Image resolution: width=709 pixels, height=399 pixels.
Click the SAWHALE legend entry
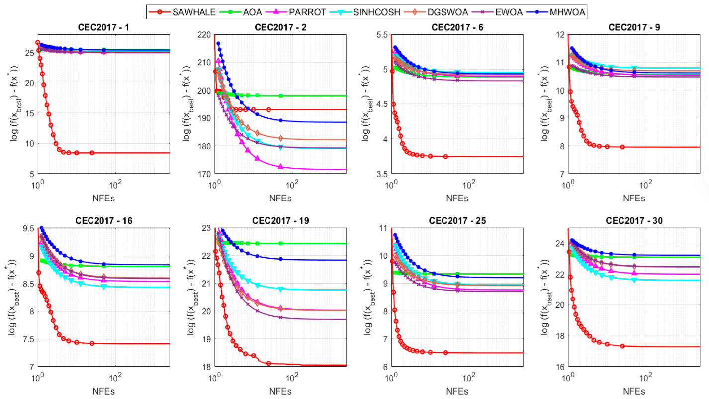(182, 12)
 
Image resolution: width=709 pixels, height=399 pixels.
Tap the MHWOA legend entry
(556, 12)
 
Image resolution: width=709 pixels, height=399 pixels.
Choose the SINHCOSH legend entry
(365, 12)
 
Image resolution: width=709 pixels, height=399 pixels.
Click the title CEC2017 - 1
(103, 27)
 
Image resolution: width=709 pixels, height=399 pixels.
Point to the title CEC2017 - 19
(280, 221)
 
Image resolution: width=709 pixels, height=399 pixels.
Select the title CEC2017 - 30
(634, 221)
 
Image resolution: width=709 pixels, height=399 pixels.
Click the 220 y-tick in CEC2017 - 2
(205, 35)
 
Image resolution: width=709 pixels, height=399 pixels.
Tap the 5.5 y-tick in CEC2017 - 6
(381, 35)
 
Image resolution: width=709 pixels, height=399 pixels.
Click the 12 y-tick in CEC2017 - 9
(560, 35)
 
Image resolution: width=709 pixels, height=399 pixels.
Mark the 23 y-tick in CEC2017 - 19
(206, 228)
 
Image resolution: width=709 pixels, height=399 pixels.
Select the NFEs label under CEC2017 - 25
(457, 392)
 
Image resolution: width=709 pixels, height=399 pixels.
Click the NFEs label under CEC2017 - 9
(634, 199)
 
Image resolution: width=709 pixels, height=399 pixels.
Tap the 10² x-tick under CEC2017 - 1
(115, 184)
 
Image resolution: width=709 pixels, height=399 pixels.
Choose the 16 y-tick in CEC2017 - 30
(560, 367)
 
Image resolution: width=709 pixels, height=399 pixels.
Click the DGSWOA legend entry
(441, 12)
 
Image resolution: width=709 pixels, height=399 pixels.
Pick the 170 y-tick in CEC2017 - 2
(205, 174)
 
